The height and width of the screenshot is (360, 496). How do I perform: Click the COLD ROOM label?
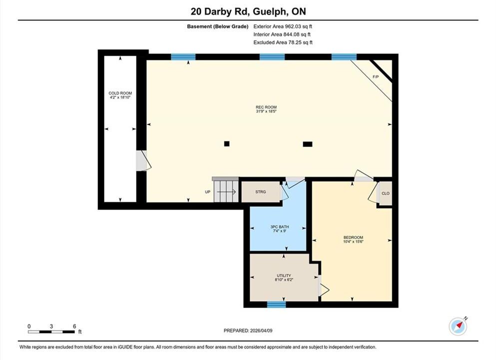coord(120,93)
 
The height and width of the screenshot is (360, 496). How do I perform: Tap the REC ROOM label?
coord(266,107)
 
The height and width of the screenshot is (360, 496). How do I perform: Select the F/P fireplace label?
coord(376,76)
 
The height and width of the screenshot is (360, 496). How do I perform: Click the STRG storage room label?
coord(261,191)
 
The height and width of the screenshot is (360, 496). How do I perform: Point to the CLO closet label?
coord(386,193)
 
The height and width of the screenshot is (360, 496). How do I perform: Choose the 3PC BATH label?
coord(280,226)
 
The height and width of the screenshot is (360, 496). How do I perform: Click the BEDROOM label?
coord(353,237)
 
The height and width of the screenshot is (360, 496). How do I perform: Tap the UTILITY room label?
coord(284,275)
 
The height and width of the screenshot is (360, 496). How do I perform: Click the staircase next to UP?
coord(226,191)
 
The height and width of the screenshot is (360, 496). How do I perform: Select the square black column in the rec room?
coord(226,143)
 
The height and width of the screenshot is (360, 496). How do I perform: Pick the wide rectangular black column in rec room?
coord(308,144)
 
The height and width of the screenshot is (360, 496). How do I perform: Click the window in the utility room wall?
coord(276,304)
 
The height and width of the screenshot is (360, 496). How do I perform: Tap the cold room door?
coord(144,161)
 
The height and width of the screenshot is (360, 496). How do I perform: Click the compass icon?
coord(458,326)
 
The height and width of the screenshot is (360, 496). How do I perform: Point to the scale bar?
coord(51,332)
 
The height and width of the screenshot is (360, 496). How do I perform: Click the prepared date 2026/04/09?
coord(261,330)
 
